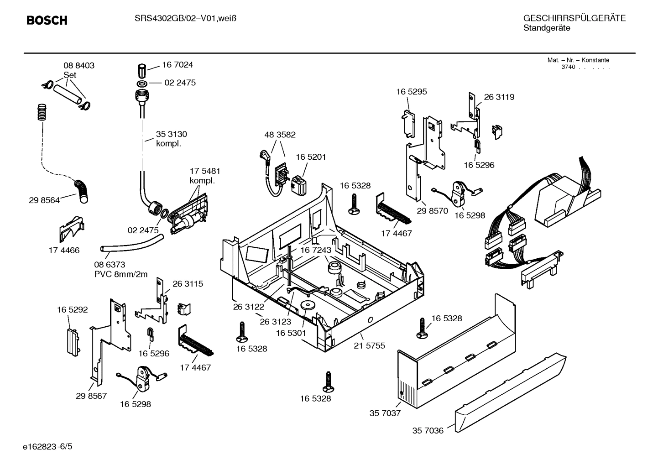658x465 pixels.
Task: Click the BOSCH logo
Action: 47,20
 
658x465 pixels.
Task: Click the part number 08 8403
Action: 78,66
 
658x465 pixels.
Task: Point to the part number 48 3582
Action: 280,135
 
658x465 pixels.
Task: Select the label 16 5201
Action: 311,157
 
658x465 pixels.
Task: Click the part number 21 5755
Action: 369,345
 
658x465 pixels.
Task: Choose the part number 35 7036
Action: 428,430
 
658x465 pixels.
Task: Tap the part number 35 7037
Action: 385,413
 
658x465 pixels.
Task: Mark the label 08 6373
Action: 110,265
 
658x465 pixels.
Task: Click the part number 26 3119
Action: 499,97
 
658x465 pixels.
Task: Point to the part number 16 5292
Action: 72,310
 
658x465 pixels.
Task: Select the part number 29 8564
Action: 44,200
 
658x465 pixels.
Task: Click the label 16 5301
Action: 291,333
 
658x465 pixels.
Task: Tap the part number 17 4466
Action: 64,250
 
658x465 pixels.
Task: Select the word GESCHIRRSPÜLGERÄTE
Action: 574,19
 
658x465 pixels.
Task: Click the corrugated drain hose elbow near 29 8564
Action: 83,191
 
